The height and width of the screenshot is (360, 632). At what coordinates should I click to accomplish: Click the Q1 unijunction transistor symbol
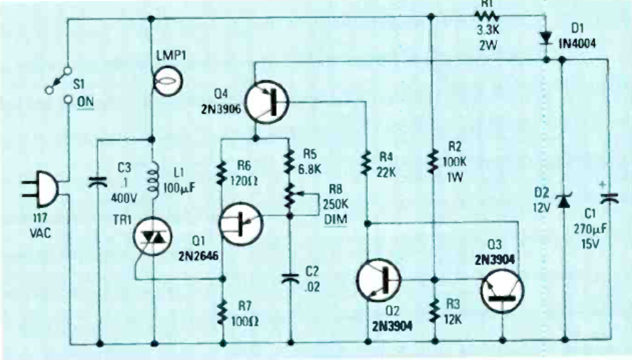click(241, 224)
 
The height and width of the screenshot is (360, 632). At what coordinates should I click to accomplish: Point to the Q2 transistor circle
click(379, 279)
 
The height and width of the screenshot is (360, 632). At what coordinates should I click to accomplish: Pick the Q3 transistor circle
click(502, 291)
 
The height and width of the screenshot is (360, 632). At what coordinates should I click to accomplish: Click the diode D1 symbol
click(546, 37)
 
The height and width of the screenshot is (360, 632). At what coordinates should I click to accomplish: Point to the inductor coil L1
click(152, 182)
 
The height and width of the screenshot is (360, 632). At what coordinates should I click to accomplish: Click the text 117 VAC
click(45, 223)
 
